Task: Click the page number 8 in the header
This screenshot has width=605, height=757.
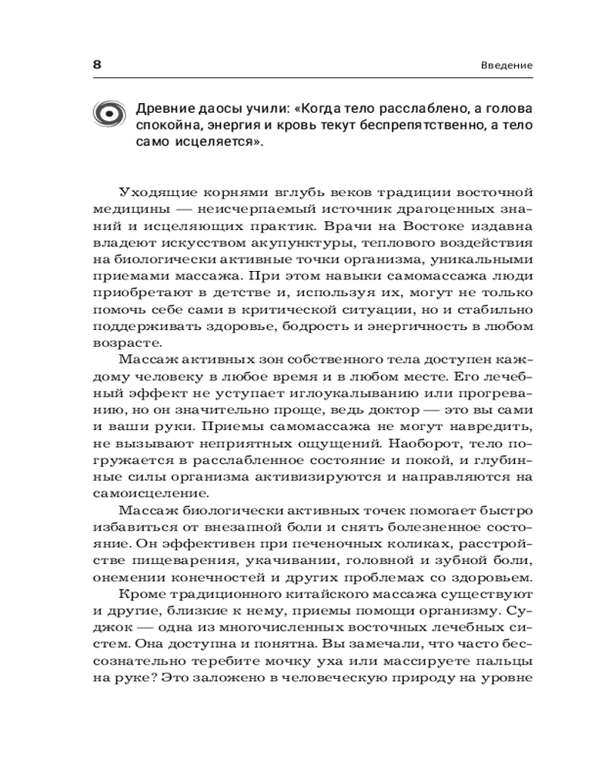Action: click(97, 64)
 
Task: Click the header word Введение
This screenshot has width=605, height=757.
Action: click(507, 65)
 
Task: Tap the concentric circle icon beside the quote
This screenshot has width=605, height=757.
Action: click(110, 114)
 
